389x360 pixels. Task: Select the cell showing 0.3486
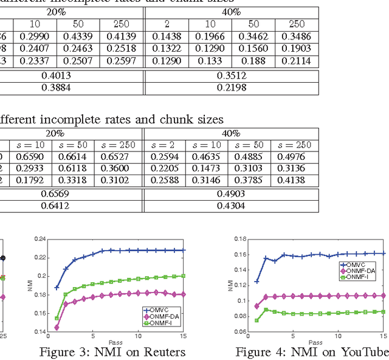(x=296, y=37)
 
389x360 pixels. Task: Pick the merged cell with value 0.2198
(x=232, y=88)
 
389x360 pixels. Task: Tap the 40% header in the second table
(x=232, y=133)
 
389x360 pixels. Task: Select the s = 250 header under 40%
(x=291, y=145)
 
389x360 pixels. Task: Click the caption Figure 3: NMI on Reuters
(x=112, y=351)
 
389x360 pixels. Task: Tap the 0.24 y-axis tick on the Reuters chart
(x=41, y=238)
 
